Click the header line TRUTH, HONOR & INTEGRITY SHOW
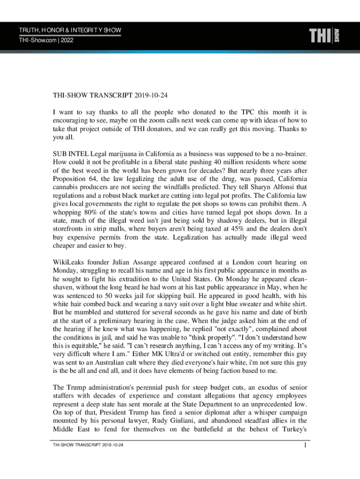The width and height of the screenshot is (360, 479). pos(70,31)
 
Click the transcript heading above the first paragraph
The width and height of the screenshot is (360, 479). pos(110,96)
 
